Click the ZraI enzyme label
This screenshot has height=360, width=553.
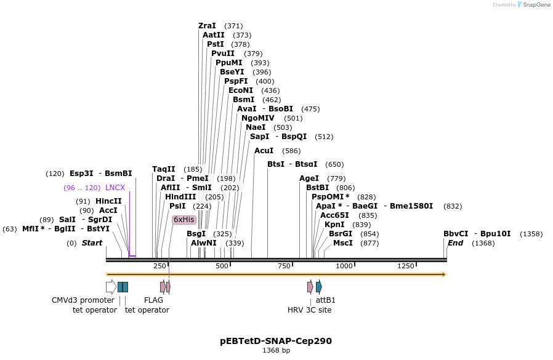207,26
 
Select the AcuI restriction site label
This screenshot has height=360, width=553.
264,151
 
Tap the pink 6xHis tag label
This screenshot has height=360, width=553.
184,220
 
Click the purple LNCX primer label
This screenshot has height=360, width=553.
115,188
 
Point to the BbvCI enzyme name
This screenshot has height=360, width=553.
456,234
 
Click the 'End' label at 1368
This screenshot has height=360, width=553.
455,243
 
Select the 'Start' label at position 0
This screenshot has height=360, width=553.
92,243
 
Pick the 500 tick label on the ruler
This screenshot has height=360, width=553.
222,266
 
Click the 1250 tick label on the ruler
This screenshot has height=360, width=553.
406,266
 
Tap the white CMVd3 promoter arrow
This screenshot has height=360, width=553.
111,287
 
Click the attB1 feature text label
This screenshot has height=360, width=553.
326,300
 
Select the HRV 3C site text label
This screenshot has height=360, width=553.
309,310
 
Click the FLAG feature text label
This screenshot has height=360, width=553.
153,300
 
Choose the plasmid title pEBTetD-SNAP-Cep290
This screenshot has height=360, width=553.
276,340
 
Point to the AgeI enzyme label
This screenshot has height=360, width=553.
309,178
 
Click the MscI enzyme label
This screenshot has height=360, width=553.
343,243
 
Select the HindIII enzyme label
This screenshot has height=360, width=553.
180,197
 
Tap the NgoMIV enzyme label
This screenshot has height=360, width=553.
258,118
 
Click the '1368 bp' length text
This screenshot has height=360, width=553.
276,350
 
